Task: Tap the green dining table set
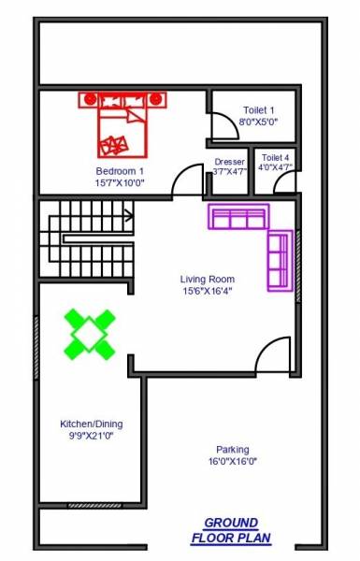(x=90, y=334)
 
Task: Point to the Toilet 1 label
(x=259, y=110)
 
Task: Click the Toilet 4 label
(x=276, y=158)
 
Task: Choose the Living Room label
(x=208, y=279)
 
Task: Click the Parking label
(x=233, y=449)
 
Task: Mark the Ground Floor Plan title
(x=231, y=530)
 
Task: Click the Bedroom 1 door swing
(x=189, y=180)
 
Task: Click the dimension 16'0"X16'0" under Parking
(x=233, y=461)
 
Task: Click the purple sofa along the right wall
(x=279, y=262)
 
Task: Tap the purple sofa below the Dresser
(x=238, y=218)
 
